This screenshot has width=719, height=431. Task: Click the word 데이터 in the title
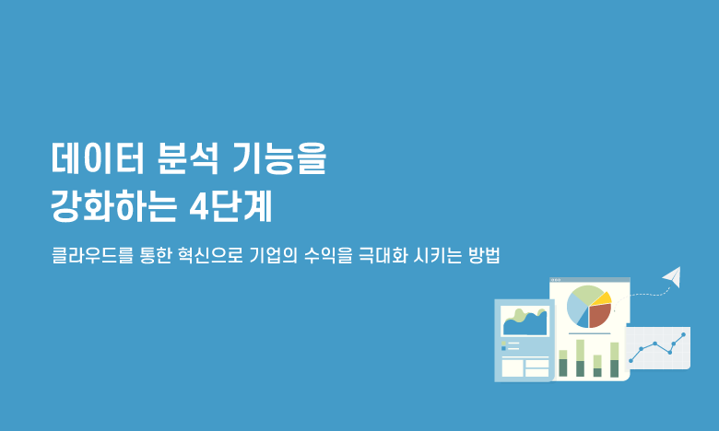point(98,158)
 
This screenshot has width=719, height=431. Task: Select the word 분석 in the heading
point(188,158)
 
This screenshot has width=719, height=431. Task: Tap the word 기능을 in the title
point(279,158)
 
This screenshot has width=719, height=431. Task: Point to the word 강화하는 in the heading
point(113,206)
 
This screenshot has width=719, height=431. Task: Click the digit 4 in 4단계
point(199,207)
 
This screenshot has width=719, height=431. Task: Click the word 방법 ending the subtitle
point(484,255)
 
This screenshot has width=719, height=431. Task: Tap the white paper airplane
point(673,276)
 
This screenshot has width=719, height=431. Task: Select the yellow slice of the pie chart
point(602,299)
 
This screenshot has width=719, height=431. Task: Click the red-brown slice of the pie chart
point(599,315)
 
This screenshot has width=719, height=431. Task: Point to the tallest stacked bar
point(580,358)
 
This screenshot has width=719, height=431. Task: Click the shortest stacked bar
point(597,366)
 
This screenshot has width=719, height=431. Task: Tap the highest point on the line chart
point(684,334)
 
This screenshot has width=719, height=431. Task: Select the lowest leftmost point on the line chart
point(631,361)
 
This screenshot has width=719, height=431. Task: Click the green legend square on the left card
point(504,343)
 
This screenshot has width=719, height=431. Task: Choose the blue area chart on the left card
point(525,324)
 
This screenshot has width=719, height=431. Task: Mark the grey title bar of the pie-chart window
point(590,279)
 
